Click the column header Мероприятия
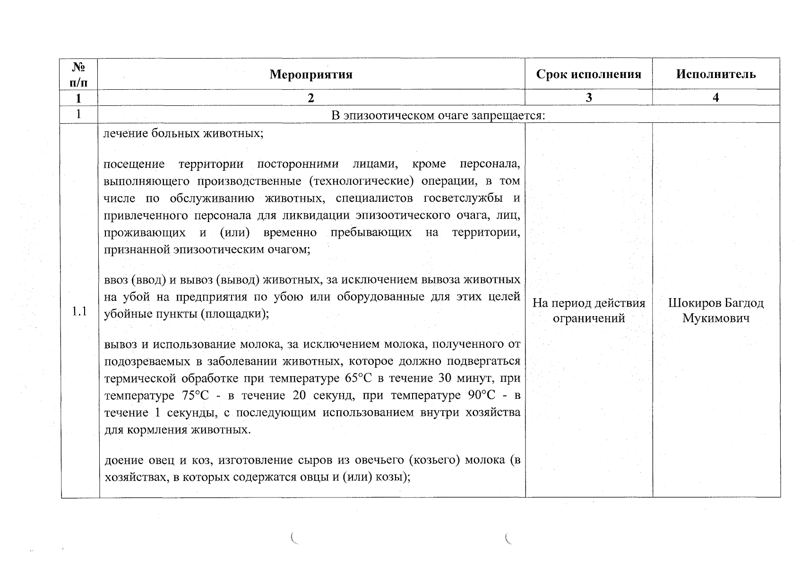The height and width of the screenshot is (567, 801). pos(311,74)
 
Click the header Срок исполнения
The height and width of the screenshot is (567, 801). pos(588,74)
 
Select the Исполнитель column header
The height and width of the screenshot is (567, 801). pos(715,74)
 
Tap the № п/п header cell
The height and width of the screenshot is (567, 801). pos(78,74)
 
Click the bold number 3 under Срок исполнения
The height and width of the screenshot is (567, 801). pos(588,97)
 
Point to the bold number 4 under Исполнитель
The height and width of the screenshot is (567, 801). pos(715,97)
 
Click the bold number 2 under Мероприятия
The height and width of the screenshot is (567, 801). pos(311,98)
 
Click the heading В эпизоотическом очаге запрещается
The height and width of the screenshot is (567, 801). pos(438,115)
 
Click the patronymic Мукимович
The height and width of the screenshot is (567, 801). pos(715,318)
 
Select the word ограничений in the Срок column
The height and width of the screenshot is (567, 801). pos(588,318)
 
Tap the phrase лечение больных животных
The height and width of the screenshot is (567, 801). pos(183,133)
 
